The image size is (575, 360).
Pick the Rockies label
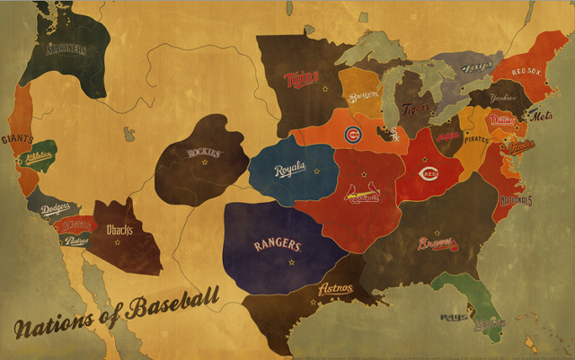203,153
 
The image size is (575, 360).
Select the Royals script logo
290,168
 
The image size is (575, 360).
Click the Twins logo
303,79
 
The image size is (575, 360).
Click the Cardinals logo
363,193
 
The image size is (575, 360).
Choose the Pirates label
476,140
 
